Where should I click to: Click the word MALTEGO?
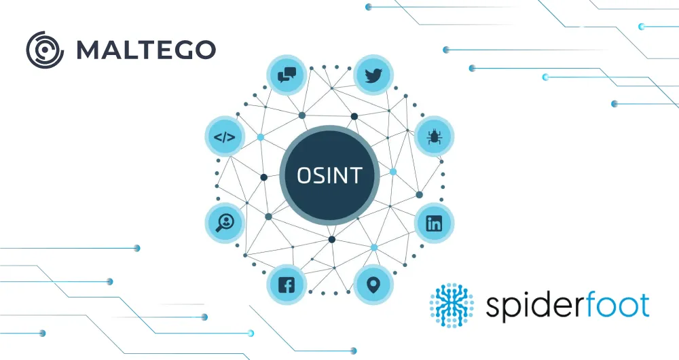[x=146, y=49]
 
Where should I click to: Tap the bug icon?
[x=434, y=137]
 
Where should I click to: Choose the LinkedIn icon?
[x=434, y=223]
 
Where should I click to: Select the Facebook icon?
[x=287, y=285]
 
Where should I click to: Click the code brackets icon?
[x=224, y=137]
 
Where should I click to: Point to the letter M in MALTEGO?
[x=88, y=49]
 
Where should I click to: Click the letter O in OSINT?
[x=306, y=175]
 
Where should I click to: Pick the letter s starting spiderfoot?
[x=494, y=307]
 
